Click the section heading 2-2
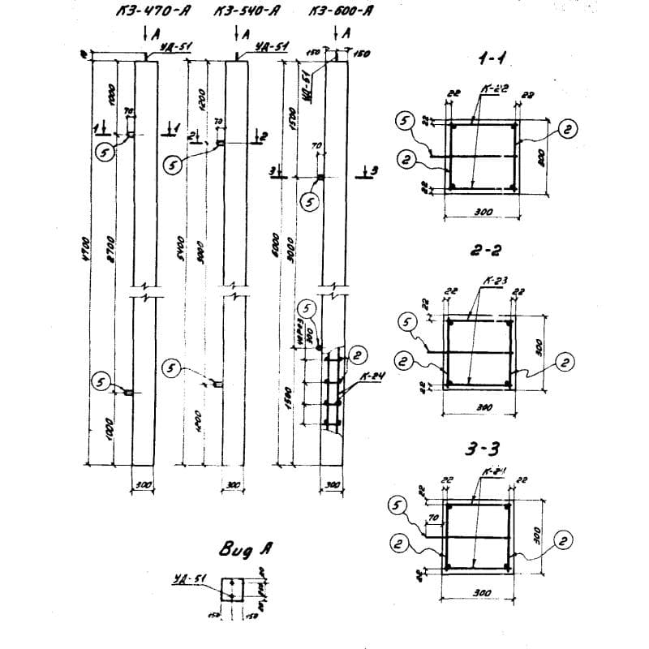click(483, 252)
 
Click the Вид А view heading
click(242, 549)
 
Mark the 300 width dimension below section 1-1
click(484, 211)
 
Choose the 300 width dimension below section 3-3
click(482, 593)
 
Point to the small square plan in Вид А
click(233, 589)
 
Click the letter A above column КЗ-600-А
click(347, 34)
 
